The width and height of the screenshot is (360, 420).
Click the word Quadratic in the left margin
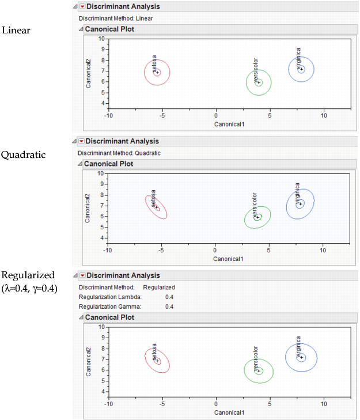(23, 154)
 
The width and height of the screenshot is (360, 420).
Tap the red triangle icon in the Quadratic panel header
(81, 141)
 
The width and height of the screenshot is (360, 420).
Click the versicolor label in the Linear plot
(256, 67)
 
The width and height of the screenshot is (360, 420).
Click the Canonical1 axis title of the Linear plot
(230, 124)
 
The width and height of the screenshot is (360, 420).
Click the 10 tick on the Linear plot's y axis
(101, 39)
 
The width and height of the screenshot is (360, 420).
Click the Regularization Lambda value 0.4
(169, 297)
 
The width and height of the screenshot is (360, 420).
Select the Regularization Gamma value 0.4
(169, 307)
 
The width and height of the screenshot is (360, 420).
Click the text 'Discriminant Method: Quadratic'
(119, 153)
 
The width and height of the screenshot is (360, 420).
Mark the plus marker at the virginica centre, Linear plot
(301, 69)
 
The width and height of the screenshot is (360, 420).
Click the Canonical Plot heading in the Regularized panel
(110, 317)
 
